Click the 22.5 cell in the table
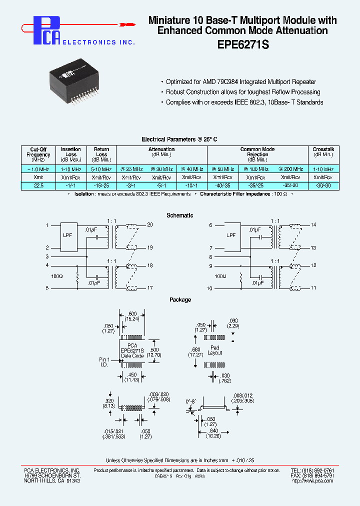coord(38,185)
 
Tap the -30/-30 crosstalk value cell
coord(323,185)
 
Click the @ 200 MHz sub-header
coord(290,169)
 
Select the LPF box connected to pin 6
coord(231,235)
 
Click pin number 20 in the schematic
coord(149,225)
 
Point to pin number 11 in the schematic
coord(313,288)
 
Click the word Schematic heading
coord(179,215)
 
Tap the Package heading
coord(179,300)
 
